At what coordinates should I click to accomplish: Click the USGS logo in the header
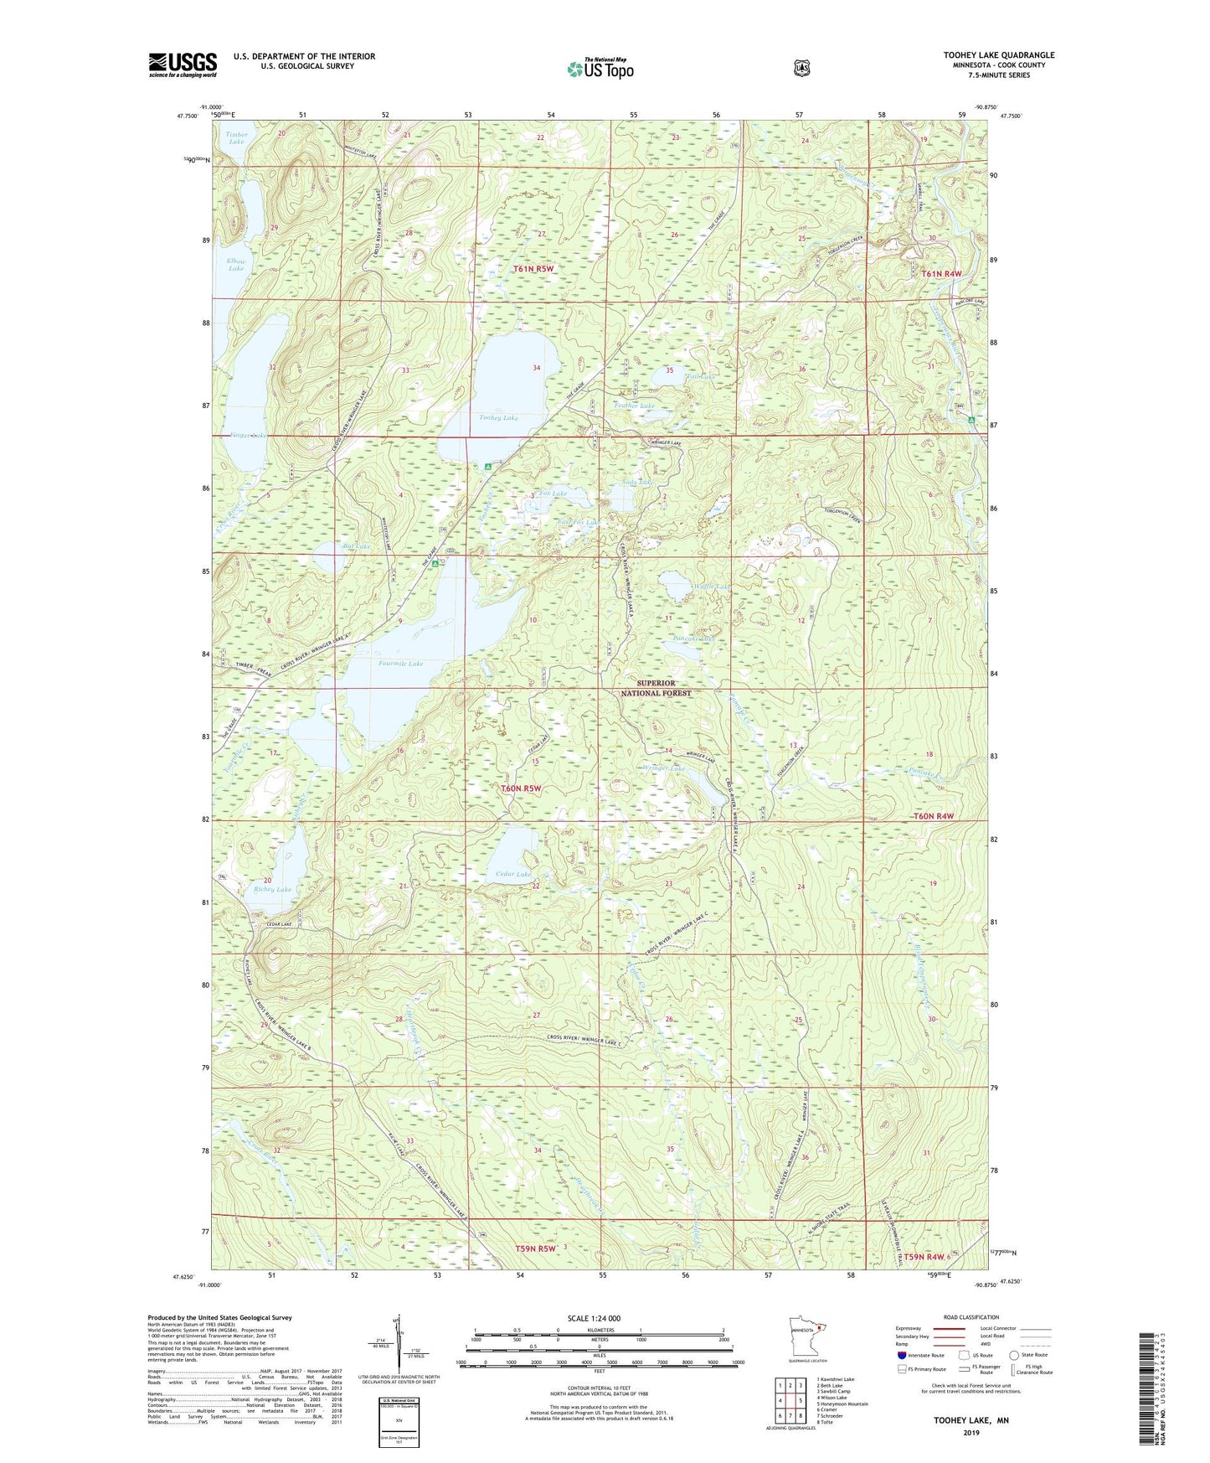click(x=183, y=65)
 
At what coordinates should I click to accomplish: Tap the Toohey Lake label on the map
click(x=497, y=417)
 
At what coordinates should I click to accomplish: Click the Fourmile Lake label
click(x=400, y=664)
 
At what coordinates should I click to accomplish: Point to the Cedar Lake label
click(x=513, y=874)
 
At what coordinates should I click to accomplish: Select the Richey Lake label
click(x=273, y=889)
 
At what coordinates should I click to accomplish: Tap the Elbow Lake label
click(x=236, y=265)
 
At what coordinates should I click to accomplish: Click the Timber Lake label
click(x=236, y=137)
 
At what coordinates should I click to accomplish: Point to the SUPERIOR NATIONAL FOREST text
click(x=656, y=688)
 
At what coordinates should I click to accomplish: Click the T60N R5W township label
click(x=522, y=788)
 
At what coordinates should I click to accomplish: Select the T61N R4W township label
click(x=942, y=274)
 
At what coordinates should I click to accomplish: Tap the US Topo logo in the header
click(x=600, y=69)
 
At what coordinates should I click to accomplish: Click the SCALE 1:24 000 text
click(x=594, y=1319)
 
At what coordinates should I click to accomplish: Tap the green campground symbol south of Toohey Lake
click(x=487, y=466)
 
